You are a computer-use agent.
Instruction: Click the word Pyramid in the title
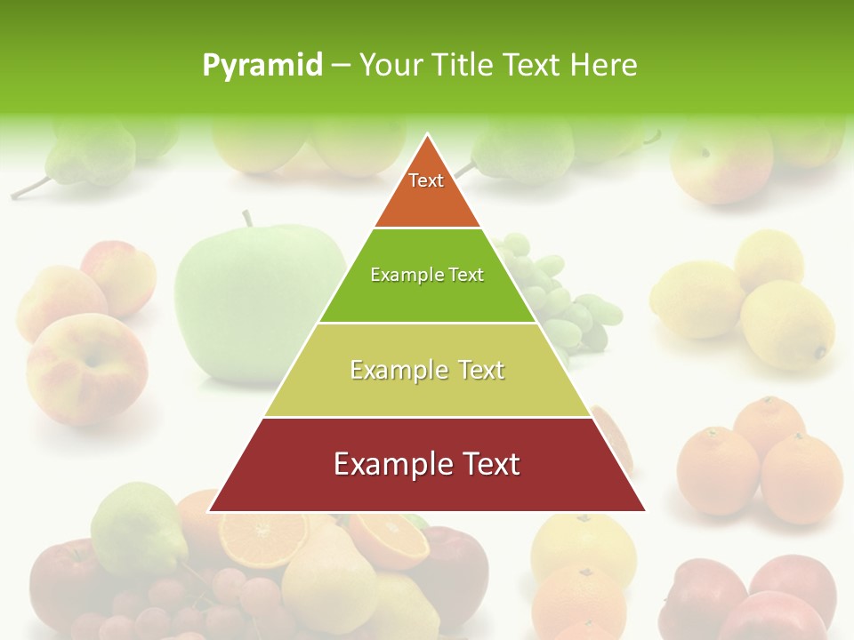pos(262,66)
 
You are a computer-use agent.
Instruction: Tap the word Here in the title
pos(604,65)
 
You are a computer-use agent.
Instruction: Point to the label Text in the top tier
pos(426,180)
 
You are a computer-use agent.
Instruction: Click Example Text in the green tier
pos(427,275)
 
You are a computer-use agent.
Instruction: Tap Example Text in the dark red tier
pos(427,464)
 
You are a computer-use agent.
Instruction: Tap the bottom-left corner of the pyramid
pos(210,510)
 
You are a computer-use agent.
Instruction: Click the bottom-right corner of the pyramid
pos(645,510)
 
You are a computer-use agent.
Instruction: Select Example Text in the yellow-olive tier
pos(427,370)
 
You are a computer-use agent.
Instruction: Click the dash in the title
pos(341,66)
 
